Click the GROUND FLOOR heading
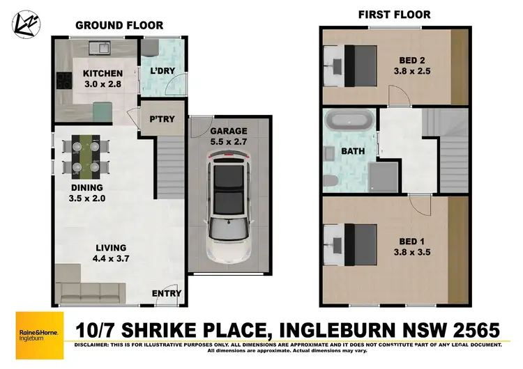tap(119, 25)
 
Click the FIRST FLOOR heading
tap(394, 14)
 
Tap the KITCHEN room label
tap(103, 73)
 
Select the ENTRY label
tap(167, 294)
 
